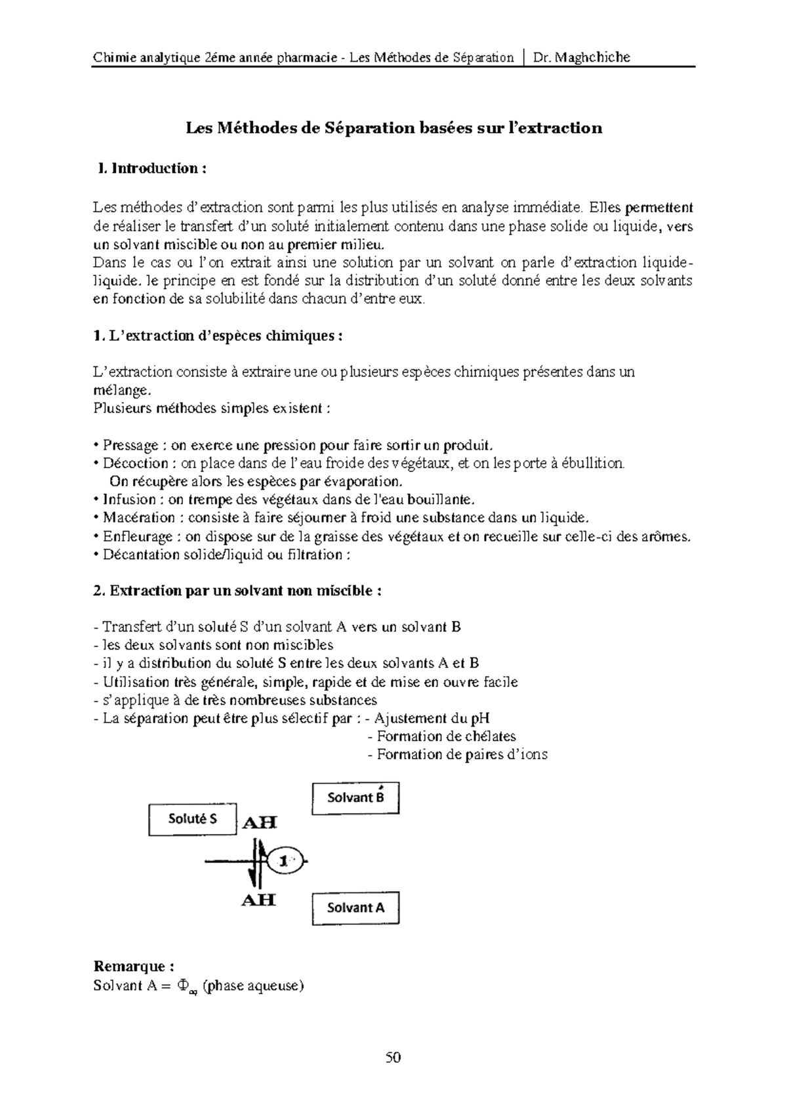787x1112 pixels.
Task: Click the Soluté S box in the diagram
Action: pos(193,819)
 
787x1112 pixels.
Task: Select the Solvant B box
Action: pos(355,798)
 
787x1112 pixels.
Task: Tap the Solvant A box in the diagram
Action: pos(355,908)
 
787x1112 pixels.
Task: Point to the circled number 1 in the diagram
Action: pos(285,862)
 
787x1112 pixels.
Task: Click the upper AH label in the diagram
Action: pos(260,822)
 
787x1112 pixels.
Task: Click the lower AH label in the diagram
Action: pos(258,900)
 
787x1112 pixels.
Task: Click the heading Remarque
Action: pos(134,966)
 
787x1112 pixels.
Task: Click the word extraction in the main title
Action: pos(562,128)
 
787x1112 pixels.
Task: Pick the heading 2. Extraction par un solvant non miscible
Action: pos(237,591)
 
